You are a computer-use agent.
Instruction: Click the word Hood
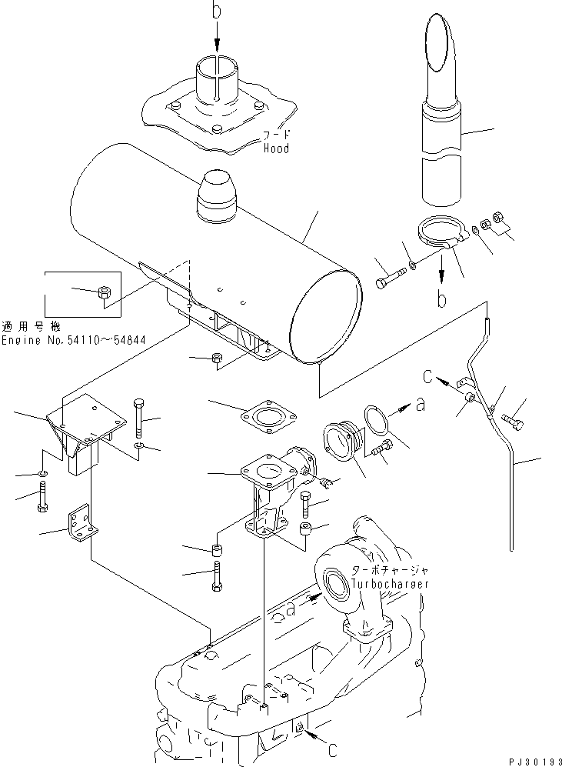[275, 148]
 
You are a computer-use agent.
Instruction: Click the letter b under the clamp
[443, 298]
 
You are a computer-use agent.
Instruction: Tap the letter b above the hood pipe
[218, 11]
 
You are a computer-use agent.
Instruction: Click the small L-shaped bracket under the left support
[81, 524]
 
